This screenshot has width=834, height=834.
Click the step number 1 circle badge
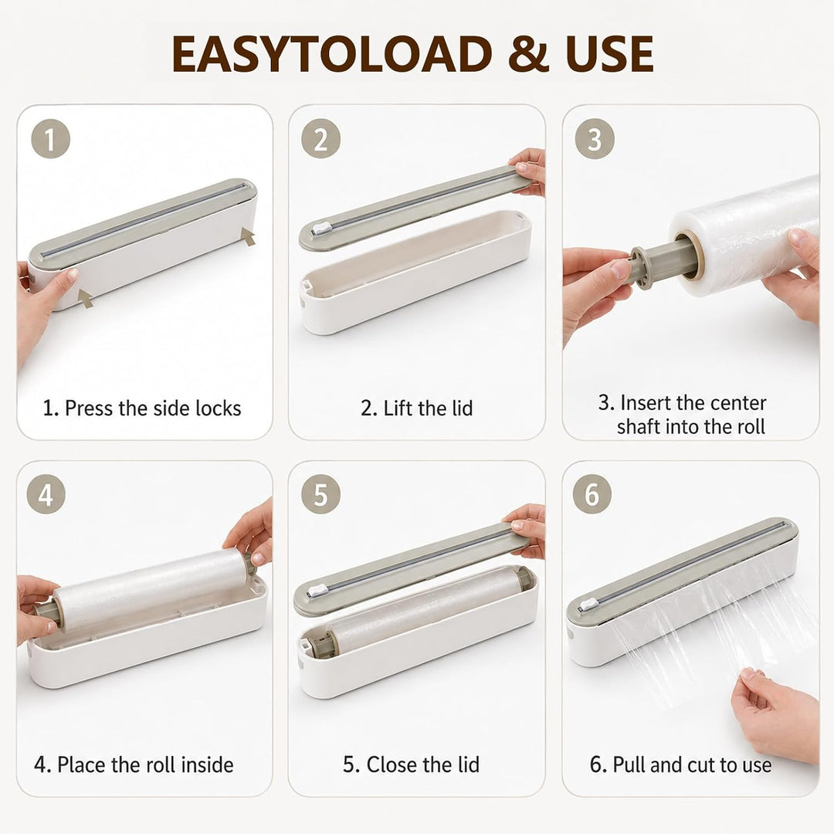(50, 139)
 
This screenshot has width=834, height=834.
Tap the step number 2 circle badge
(320, 139)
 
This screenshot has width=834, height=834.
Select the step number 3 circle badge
(595, 139)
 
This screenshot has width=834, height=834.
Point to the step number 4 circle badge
(46, 495)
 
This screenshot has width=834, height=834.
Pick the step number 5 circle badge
(320, 495)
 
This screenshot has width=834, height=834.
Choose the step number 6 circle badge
(592, 495)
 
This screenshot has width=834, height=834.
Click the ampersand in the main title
(528, 54)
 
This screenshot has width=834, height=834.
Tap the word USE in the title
(609, 54)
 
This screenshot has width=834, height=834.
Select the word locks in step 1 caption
(218, 408)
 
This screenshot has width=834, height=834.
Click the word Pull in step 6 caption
(629, 764)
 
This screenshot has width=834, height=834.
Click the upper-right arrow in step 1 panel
(248, 236)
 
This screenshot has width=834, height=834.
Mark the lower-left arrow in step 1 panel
(85, 298)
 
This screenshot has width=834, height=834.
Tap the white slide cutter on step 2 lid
(321, 229)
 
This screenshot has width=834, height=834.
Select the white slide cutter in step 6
(588, 604)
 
